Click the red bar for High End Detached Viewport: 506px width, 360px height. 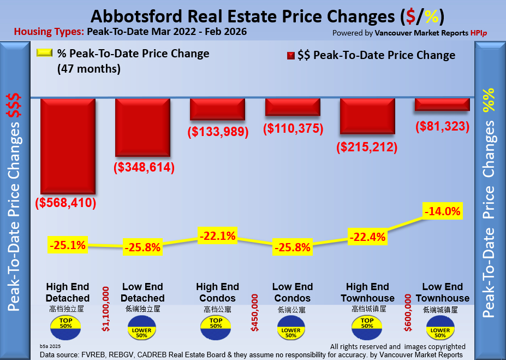click(68, 146)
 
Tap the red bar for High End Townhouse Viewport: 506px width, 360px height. click(367, 116)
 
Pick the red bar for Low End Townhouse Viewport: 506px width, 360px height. click(442, 104)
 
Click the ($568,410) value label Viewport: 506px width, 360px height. click(66, 204)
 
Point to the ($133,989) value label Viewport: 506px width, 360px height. click(218, 132)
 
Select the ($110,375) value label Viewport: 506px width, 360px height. click(293, 128)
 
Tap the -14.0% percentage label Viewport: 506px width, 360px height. click(443, 210)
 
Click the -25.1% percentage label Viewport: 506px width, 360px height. click(68, 245)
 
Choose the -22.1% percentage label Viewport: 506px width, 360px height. click(218, 237)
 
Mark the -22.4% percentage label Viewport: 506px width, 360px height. click(367, 237)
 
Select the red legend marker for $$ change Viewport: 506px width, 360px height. click(290, 56)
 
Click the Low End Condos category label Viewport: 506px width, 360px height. click(292, 293)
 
